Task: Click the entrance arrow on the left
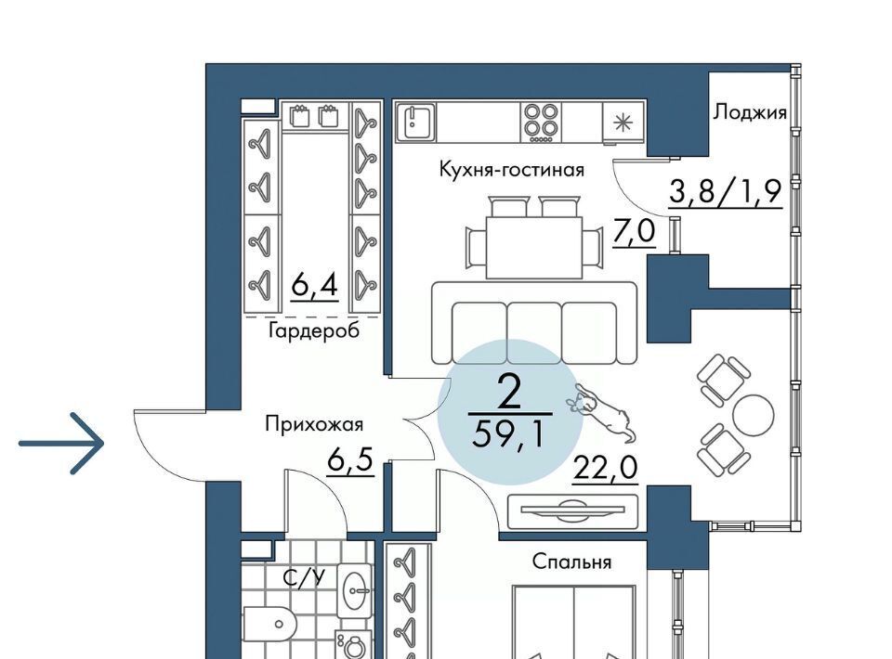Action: pos(61,443)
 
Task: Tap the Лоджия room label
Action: pos(750,113)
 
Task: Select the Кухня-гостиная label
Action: pos(511,169)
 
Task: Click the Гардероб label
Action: pos(313,330)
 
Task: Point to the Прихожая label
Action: pos(313,424)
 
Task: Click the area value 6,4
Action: pos(315,284)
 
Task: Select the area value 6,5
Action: pos(350,459)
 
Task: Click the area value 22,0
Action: pos(605,470)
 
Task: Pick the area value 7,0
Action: pos(634,232)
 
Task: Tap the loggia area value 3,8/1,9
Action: pos(725,191)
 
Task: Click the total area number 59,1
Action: pos(508,435)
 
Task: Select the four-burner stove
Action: pos(540,123)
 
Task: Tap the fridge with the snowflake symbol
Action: pos(623,123)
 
